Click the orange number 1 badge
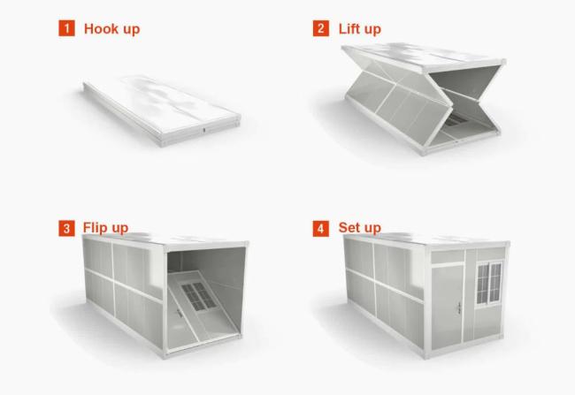point(66,28)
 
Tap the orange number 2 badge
point(321,28)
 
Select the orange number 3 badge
point(66,228)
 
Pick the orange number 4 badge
point(321,228)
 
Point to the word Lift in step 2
point(349,28)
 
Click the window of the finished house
point(489,282)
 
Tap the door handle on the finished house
point(459,307)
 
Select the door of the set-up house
point(448,307)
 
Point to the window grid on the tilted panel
point(199,296)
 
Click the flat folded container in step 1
point(162,110)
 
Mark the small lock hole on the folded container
point(204,130)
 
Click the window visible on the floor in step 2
point(456,119)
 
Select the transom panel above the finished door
point(448,256)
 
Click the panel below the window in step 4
point(488,323)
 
